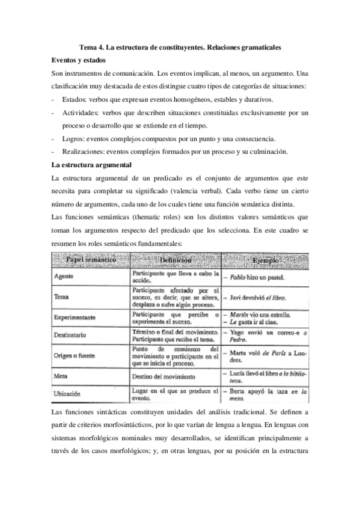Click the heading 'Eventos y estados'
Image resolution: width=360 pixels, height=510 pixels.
pos(79,60)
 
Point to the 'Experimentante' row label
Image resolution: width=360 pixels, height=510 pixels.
pos(76,317)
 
